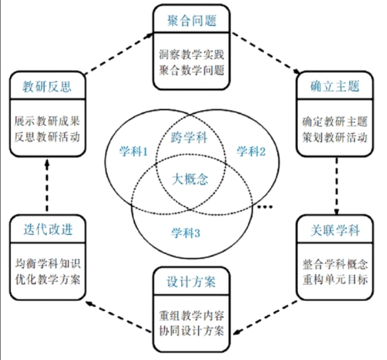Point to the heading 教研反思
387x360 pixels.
tap(47, 86)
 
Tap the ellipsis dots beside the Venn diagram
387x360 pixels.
tap(265, 208)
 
